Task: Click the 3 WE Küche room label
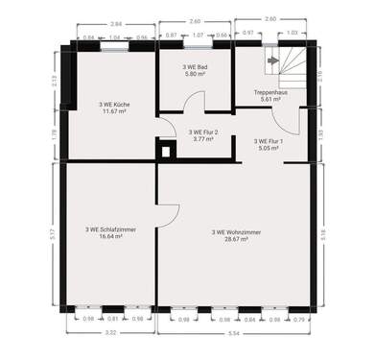pos(114,103)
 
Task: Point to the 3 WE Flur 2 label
pos(203,132)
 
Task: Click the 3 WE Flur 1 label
pos(268,141)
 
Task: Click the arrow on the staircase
pos(274,60)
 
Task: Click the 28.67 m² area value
pos(230,239)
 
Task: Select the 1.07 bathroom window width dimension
pos(199,36)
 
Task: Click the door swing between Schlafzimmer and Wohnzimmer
pos(166,219)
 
